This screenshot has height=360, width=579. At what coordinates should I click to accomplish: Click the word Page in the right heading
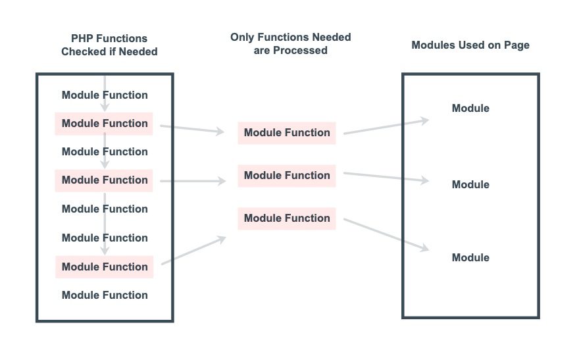[517, 45]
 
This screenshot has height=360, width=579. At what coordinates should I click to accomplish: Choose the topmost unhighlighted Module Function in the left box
[105, 95]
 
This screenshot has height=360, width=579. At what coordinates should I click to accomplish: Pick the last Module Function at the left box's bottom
[105, 295]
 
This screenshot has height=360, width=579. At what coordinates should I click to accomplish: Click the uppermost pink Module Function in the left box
[105, 123]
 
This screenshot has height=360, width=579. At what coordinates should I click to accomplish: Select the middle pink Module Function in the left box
[105, 180]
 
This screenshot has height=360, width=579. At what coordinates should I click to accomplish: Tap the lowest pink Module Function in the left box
[105, 267]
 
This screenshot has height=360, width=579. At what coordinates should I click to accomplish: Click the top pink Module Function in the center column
[287, 132]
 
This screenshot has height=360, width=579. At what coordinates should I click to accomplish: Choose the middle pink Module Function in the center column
[287, 175]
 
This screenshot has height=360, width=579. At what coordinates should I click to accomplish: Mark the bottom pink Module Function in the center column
[287, 218]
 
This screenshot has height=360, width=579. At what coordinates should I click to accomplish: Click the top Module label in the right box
[470, 108]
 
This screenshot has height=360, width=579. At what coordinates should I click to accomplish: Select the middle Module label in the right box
[470, 184]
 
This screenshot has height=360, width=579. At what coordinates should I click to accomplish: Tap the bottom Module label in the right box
[470, 257]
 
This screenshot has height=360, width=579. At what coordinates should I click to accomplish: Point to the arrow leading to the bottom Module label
[386, 234]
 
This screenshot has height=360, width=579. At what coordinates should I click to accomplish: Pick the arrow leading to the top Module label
[386, 127]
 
